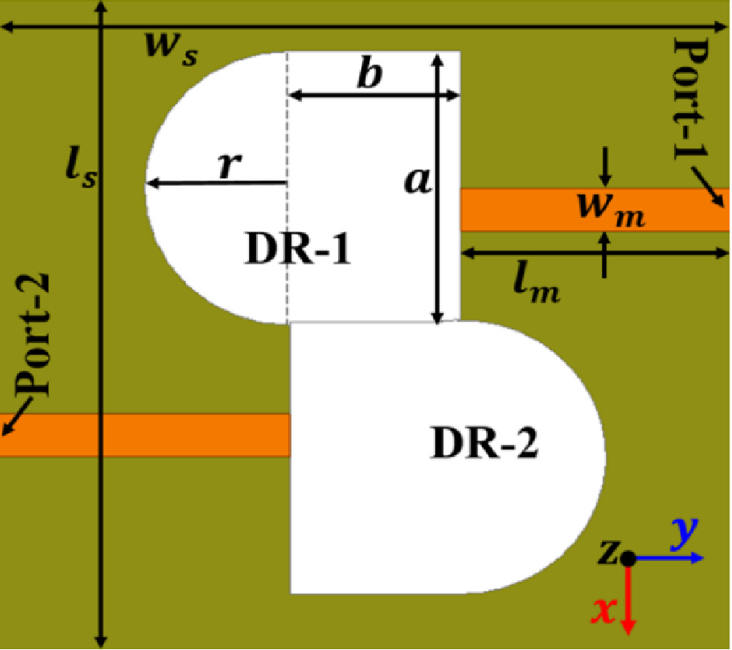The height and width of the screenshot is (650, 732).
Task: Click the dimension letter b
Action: coord(370,75)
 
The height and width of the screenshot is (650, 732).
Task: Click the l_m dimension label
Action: coord(536,284)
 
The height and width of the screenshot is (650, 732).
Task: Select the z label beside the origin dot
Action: coord(608,554)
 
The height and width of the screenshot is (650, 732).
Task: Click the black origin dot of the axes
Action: coord(628,558)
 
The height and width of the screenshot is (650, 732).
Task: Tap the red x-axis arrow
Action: coord(628,601)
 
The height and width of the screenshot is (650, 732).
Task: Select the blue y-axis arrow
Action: coord(671,559)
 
